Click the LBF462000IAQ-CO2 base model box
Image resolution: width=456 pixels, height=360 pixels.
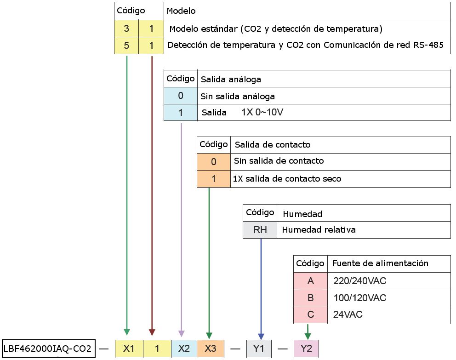[x=49, y=348]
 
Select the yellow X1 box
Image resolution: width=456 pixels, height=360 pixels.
[x=129, y=349]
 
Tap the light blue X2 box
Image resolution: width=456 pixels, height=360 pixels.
[x=184, y=349]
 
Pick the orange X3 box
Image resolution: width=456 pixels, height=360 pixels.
[x=211, y=349]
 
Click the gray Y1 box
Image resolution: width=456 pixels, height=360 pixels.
[x=259, y=349]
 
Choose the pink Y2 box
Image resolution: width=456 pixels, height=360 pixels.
[x=306, y=349]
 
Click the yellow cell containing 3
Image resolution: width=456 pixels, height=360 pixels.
[x=126, y=29]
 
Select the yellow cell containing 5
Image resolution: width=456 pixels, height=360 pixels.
[x=126, y=46]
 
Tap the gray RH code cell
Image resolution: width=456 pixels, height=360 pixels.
[x=260, y=230]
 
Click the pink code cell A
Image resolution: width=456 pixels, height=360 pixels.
[x=311, y=280]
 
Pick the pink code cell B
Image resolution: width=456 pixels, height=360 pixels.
[x=311, y=297]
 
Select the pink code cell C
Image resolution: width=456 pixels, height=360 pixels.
[x=311, y=314]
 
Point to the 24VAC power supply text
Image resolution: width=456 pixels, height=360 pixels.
[x=348, y=314]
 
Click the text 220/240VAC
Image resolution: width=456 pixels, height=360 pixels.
[x=360, y=280]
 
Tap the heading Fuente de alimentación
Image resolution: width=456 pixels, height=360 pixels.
[x=381, y=263]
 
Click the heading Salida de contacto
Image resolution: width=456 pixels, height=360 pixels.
[x=273, y=144]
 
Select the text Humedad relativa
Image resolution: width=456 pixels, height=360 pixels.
[x=319, y=230]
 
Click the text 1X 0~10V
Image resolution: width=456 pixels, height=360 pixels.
[x=262, y=112]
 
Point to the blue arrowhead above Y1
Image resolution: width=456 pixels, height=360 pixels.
[x=261, y=337]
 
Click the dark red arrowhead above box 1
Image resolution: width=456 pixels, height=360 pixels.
[x=152, y=332]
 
